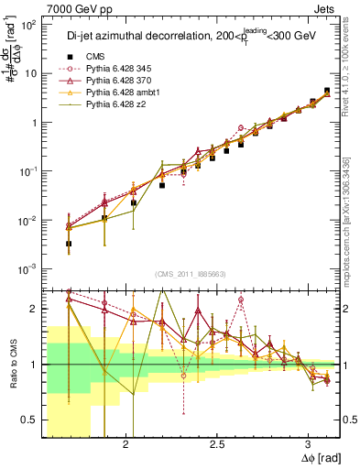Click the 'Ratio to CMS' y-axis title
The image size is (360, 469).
[12, 364]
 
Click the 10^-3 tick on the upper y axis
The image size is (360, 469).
[28, 268]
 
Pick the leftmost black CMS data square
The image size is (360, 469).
[70, 244]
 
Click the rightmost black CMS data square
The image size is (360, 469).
[327, 92]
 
